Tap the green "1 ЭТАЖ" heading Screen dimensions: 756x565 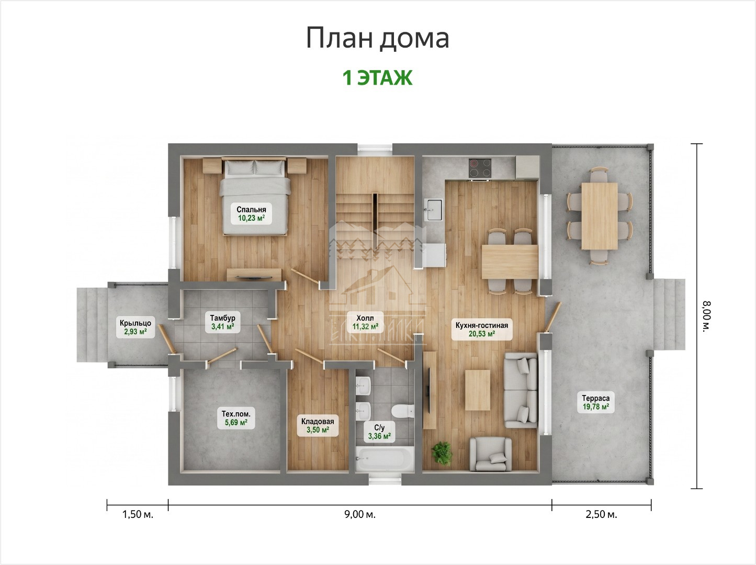tap(378, 78)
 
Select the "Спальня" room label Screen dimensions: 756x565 tap(251, 209)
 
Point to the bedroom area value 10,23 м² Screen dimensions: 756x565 tap(251, 218)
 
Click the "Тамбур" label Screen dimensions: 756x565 tap(222, 318)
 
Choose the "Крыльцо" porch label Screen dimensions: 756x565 tap(136, 323)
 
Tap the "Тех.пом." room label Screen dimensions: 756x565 tap(236, 413)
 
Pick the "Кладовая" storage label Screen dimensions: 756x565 tap(318, 422)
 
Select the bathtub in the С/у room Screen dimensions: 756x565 tap(385, 458)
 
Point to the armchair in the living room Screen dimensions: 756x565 tap(490, 454)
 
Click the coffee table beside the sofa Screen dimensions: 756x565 tap(478, 390)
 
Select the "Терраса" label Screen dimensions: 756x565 tap(596, 398)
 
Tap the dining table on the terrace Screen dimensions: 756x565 tap(599, 216)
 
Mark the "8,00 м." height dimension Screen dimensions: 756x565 tap(706, 317)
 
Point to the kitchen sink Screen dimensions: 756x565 tap(433, 210)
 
